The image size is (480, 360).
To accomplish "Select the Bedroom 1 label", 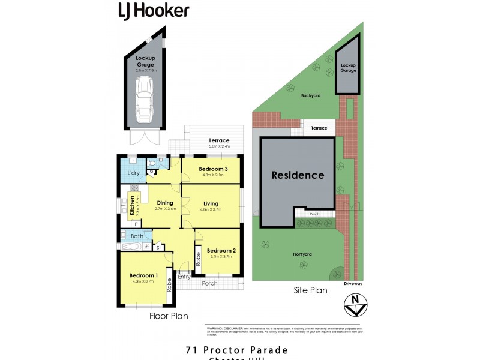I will point(142,276).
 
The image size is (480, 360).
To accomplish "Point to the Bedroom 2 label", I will point(221,250).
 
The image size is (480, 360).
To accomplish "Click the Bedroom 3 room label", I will point(214,169).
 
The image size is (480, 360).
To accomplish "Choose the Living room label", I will point(211,203).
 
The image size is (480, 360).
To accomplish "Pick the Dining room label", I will point(165,203).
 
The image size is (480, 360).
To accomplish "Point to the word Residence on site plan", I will point(298,175).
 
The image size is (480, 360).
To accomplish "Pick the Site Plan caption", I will point(310,290).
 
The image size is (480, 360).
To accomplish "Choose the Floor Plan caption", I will point(169,315).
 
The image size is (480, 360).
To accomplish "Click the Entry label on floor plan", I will point(184,277).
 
